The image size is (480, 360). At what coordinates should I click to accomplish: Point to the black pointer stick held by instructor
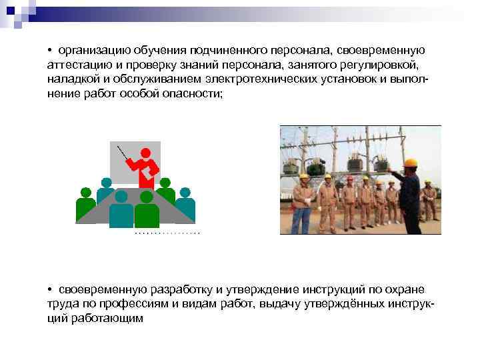[123, 154]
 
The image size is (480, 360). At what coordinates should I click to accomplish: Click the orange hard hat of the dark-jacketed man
[410, 162]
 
